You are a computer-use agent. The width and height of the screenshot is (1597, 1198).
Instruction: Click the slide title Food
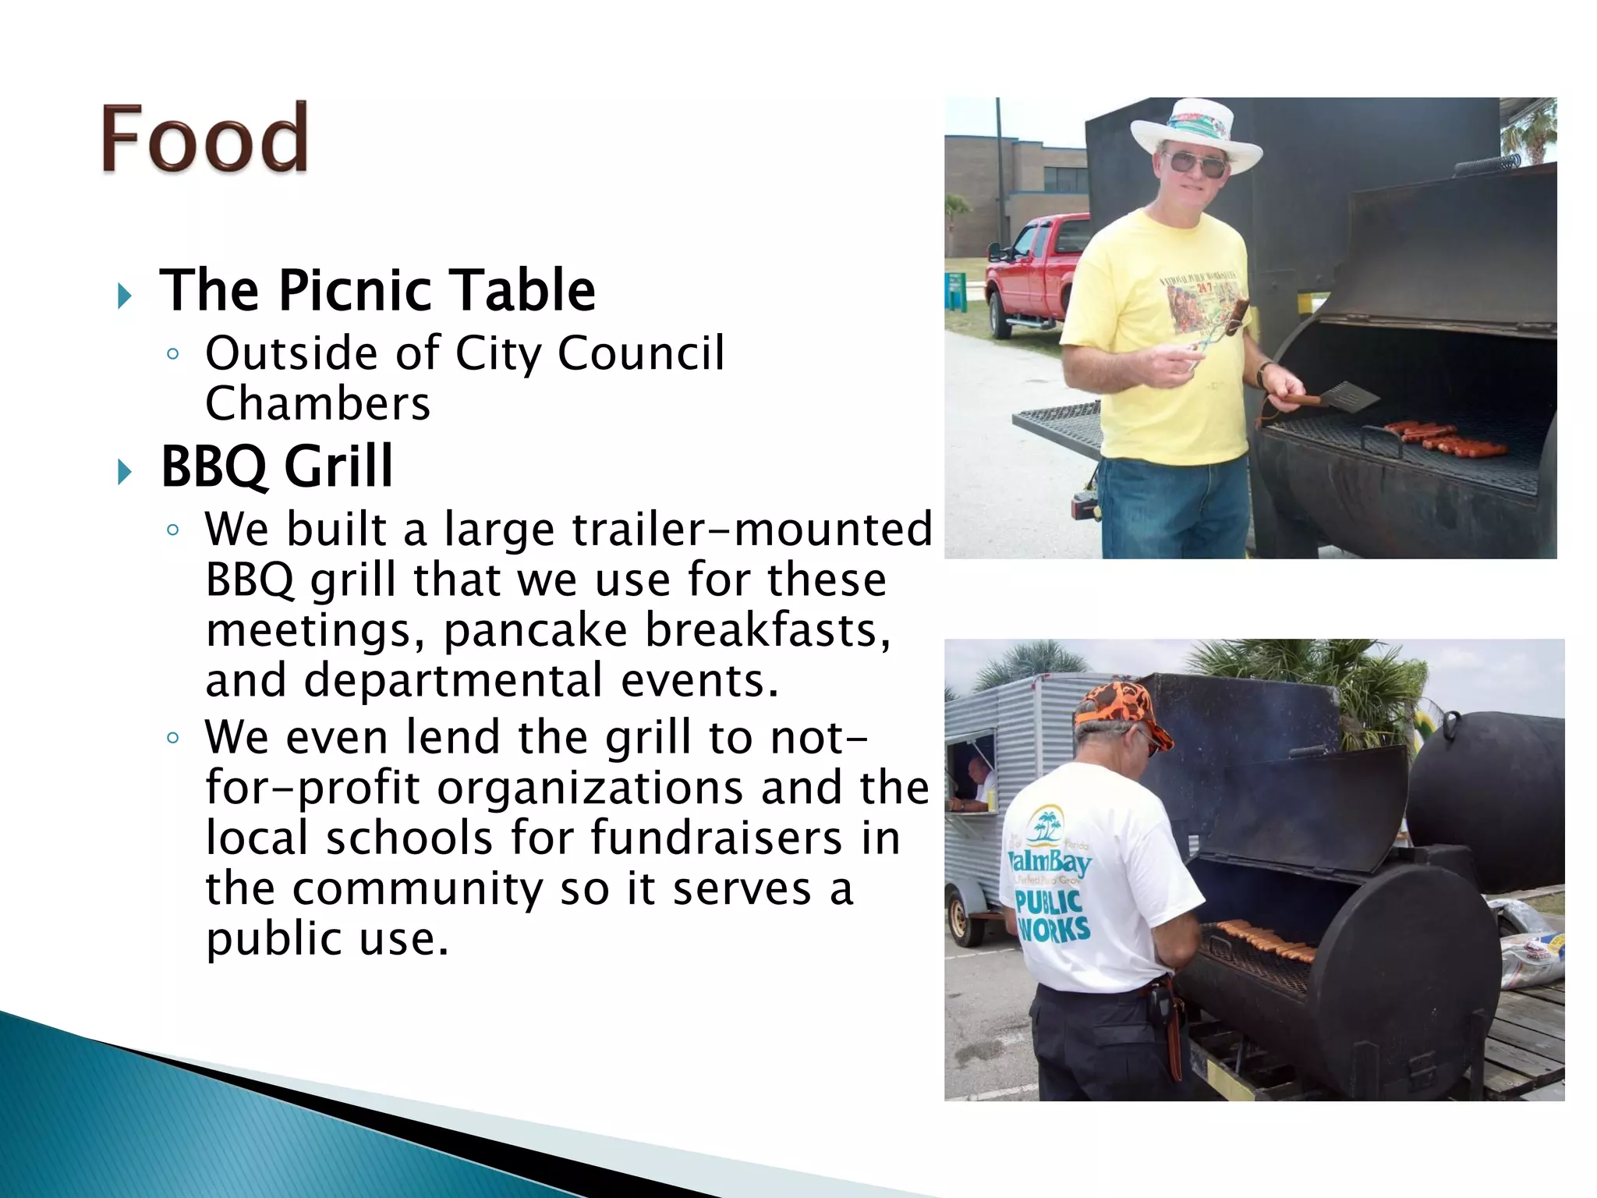[x=204, y=138]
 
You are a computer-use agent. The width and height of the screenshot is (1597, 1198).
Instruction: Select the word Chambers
[x=317, y=403]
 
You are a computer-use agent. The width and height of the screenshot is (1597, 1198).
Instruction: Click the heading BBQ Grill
[x=277, y=466]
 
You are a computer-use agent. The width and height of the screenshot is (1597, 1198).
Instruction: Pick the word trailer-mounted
[x=752, y=529]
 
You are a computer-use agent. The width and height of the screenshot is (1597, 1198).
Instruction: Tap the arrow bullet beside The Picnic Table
[x=124, y=295]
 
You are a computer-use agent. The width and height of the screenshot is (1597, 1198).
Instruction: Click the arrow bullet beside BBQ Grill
[x=124, y=471]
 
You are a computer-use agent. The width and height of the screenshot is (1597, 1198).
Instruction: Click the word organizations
[x=590, y=788]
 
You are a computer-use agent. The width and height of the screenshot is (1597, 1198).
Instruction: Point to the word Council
[x=641, y=353]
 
